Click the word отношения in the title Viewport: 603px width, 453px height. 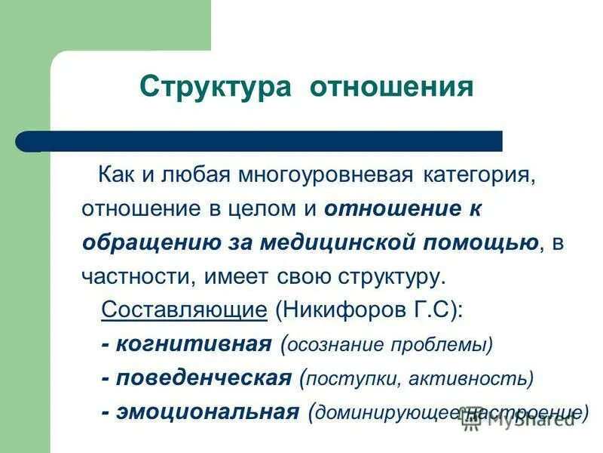pyautogui.click(x=393, y=87)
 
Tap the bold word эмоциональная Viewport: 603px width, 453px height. pyautogui.click(x=211, y=411)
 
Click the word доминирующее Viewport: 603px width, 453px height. pyautogui.click(x=379, y=413)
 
